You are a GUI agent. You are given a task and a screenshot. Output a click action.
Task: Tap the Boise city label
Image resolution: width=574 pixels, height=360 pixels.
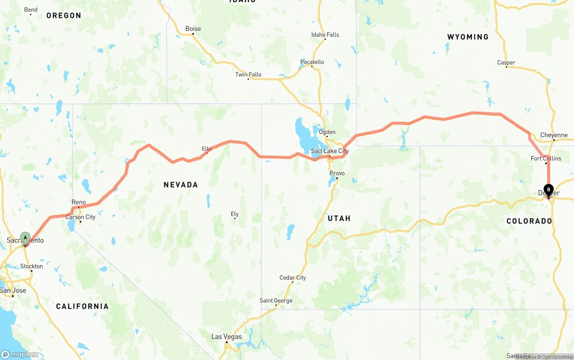193,29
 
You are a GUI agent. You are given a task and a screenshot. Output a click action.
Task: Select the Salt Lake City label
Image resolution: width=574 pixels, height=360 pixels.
330,151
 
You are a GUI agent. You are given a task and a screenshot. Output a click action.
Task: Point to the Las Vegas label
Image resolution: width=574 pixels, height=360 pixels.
226,337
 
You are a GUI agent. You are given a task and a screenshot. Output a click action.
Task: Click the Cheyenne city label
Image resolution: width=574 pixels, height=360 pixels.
554,135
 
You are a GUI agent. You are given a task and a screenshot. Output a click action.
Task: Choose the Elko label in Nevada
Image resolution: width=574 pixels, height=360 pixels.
207,149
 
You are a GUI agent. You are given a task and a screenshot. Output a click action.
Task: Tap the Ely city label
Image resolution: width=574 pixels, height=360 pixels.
235,214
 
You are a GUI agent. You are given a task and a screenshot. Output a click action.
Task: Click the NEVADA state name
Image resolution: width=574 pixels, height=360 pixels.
181,185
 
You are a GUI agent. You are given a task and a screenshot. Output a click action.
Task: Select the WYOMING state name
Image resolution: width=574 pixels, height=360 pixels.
468,37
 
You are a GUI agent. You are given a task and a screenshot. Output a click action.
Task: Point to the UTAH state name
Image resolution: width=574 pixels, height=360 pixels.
339,218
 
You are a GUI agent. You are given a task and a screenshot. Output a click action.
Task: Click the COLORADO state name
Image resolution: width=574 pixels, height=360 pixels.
529,221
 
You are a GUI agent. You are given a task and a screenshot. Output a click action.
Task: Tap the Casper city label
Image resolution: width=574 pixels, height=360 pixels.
506,62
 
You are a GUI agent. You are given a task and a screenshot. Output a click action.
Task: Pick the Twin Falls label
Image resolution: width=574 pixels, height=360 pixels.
248,74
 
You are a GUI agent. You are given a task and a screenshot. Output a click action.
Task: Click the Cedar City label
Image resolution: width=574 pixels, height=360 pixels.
292,278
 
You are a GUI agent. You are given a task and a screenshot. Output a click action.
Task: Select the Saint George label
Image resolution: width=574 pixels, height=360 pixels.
276,300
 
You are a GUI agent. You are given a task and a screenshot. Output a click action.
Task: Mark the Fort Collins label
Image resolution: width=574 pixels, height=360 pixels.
546,158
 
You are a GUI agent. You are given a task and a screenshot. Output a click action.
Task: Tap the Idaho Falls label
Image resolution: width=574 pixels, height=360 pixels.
325,35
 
